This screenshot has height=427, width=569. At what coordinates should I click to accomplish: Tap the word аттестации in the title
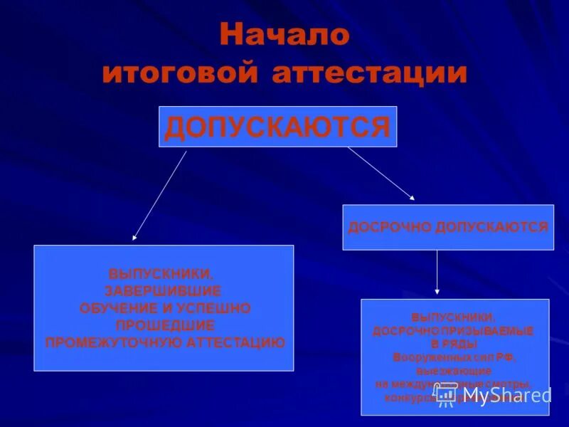369,73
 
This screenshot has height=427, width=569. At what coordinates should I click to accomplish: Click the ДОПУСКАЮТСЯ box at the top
277,127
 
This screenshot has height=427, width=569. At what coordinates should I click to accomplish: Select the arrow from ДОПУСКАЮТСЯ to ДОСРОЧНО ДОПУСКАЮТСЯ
381,173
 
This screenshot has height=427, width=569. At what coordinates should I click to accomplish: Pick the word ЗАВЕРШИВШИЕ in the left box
163,291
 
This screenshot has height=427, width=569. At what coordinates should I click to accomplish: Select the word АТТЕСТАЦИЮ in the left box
235,342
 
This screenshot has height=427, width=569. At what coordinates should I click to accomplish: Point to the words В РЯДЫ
453,343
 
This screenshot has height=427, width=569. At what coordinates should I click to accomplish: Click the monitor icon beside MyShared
445,395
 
